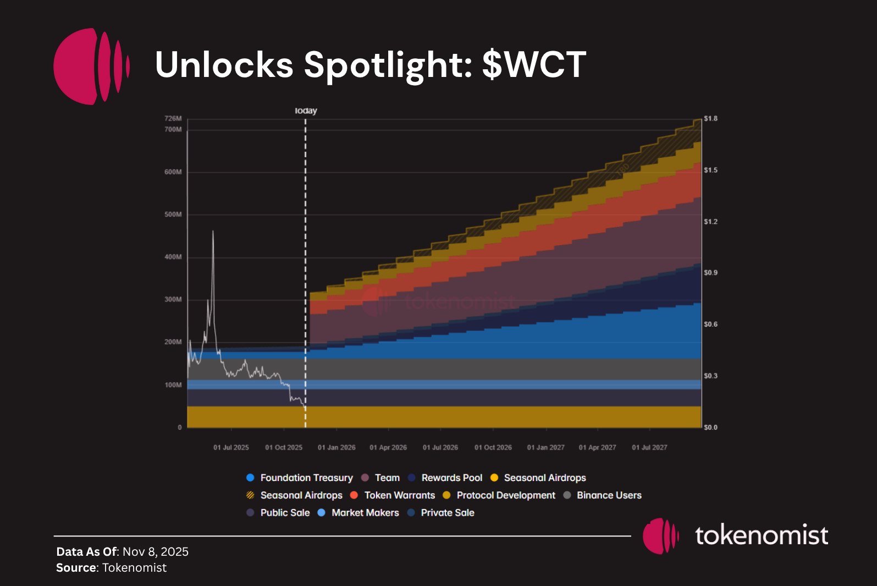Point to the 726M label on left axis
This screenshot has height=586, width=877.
[x=173, y=119]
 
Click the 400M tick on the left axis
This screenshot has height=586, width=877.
[x=173, y=257]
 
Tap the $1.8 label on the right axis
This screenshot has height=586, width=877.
[x=710, y=119]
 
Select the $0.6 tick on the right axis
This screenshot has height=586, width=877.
[x=710, y=324]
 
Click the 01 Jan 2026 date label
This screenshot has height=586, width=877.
[x=337, y=447]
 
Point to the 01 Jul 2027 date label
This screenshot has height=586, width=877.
[x=649, y=447]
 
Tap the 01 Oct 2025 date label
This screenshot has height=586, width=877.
[x=284, y=447]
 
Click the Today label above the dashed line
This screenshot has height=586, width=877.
[x=306, y=111]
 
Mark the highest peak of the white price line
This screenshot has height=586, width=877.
[x=213, y=231]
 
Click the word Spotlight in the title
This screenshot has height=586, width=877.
[x=388, y=65]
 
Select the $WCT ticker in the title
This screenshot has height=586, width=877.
[x=534, y=65]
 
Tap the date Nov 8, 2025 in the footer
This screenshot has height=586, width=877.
[x=156, y=551]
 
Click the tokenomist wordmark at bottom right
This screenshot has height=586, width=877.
[x=761, y=535]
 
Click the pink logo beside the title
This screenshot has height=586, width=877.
[x=91, y=67]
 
